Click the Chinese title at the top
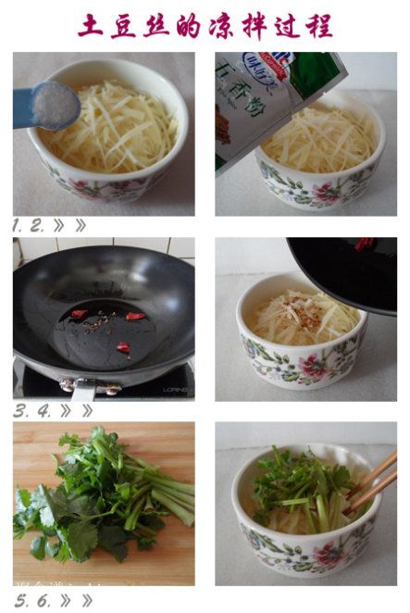tap(205, 25)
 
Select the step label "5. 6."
tap(31, 599)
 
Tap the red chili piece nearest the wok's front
tap(122, 347)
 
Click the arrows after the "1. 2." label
tap(70, 225)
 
